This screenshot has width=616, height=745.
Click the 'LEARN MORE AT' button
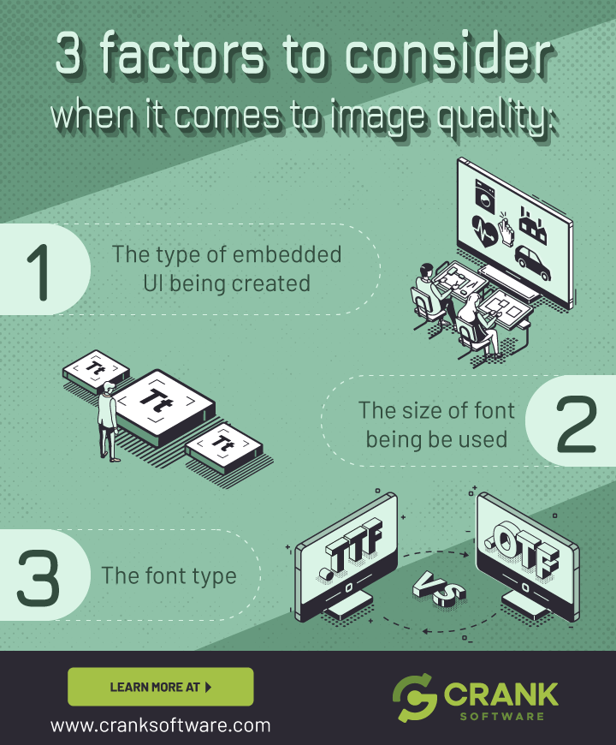click(x=160, y=687)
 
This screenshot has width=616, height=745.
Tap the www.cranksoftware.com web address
click(x=160, y=725)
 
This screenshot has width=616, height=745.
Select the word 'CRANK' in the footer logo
click(x=501, y=692)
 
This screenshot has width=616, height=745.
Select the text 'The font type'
click(x=169, y=575)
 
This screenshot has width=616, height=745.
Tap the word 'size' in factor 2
click(x=423, y=410)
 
